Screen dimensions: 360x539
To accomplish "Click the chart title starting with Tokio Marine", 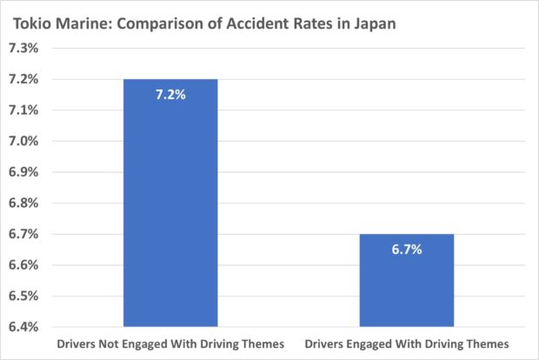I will click(x=203, y=23).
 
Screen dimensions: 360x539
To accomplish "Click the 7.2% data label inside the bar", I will click(x=170, y=94).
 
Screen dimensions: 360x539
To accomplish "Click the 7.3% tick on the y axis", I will click(x=23, y=49).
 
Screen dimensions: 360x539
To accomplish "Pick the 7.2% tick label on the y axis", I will click(x=23, y=79).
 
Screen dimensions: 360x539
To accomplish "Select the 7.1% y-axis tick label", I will click(x=23, y=110).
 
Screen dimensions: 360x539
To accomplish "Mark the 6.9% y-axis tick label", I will click(x=23, y=172).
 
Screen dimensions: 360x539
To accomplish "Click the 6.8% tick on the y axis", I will click(x=23, y=203).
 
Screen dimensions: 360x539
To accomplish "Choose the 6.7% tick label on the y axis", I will click(x=23, y=234).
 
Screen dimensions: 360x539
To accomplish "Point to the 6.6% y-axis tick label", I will click(x=23, y=265).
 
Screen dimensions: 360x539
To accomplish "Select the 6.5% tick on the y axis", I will click(x=23, y=296).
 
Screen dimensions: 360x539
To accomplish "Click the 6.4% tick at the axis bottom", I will click(x=23, y=327).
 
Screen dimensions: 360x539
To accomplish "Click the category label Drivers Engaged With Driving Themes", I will click(x=407, y=344).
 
